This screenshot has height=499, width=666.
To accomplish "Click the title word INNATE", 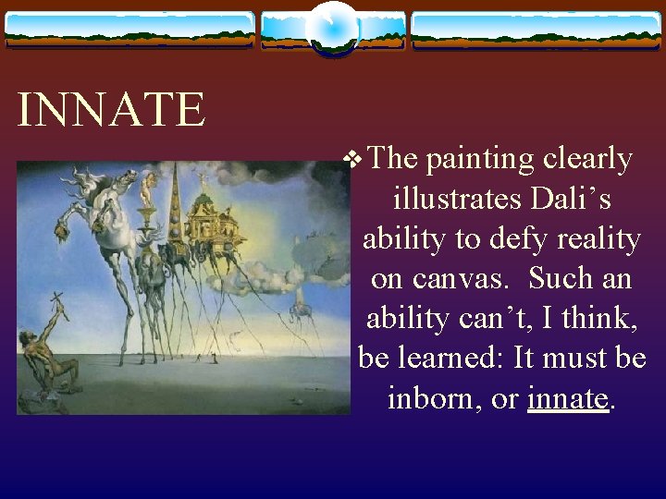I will coord(111,109).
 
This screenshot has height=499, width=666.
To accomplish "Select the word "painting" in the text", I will coord(481,160).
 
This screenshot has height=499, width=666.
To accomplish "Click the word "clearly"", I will coord(587,160).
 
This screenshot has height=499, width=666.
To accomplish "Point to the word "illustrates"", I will coord(459,199).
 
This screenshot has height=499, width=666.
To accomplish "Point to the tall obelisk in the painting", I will coord(169,199).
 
